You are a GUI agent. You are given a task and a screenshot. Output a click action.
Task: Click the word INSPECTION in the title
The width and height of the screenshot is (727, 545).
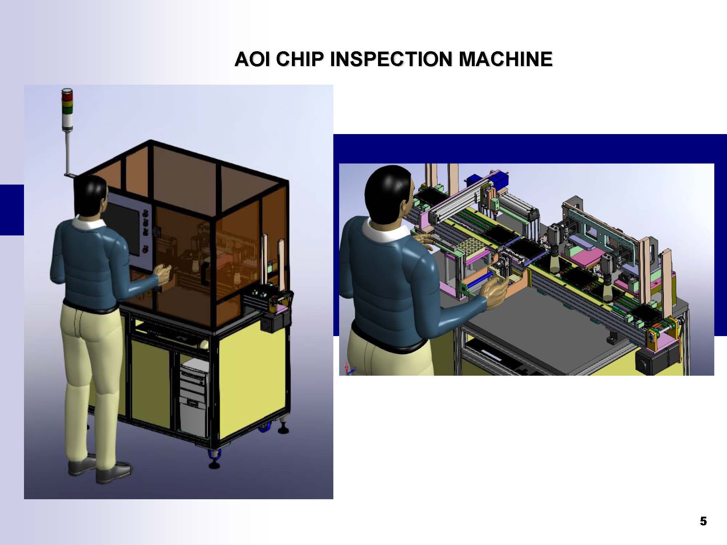(391, 59)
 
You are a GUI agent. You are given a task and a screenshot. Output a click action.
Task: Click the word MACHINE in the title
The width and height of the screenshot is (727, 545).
(506, 59)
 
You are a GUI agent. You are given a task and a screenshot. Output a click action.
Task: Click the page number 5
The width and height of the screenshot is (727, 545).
(703, 521)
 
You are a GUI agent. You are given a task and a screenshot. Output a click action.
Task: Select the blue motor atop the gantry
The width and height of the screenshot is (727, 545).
(473, 180)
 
